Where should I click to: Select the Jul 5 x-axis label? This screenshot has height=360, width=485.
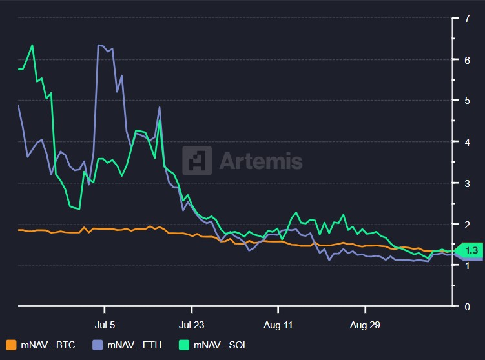[105, 325]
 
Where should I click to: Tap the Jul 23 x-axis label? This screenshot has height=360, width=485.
[192, 325]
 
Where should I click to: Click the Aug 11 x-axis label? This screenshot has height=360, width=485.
[278, 325]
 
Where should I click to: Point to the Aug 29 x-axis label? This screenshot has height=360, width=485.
[365, 325]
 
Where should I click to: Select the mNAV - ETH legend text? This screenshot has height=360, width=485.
[135, 345]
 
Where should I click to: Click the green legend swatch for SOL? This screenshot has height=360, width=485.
[184, 345]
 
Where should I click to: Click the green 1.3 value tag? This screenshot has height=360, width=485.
[470, 250]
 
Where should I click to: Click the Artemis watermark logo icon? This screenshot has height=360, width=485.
[196, 161]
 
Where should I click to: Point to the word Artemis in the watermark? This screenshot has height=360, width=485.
[261, 161]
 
